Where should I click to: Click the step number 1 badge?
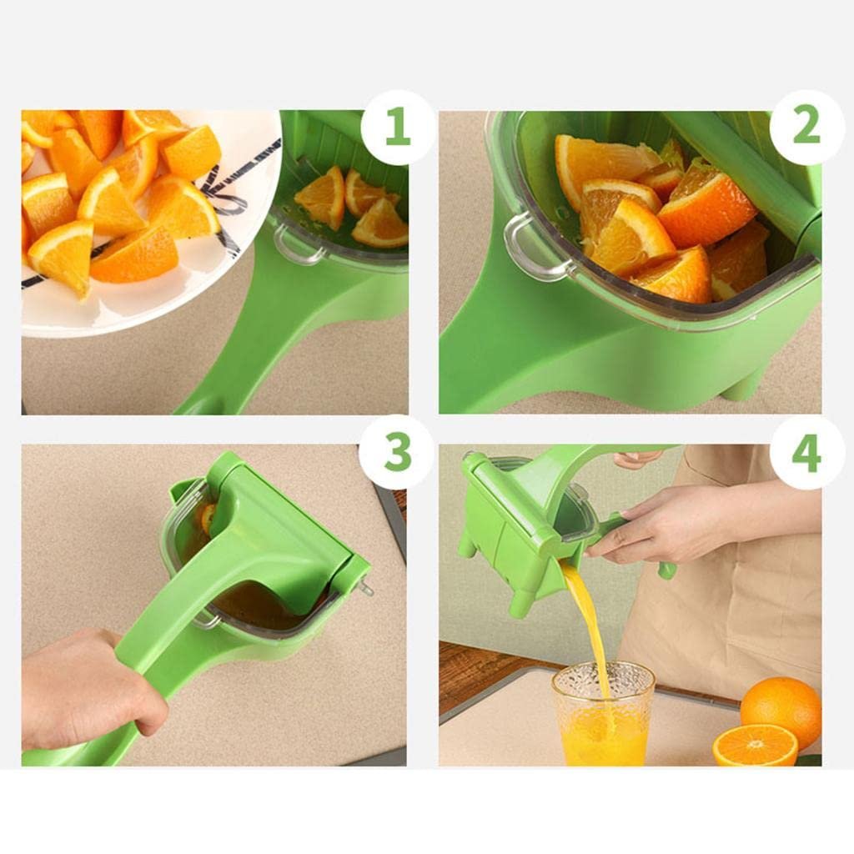coord(398,127)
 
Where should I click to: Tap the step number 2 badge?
coord(806,127)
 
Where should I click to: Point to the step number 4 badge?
coord(806,453)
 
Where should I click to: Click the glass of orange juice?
coord(603,714)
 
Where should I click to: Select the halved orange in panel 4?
coord(755,745)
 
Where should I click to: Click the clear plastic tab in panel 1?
coord(297,244)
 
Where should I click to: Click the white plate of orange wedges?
coord(147,224)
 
